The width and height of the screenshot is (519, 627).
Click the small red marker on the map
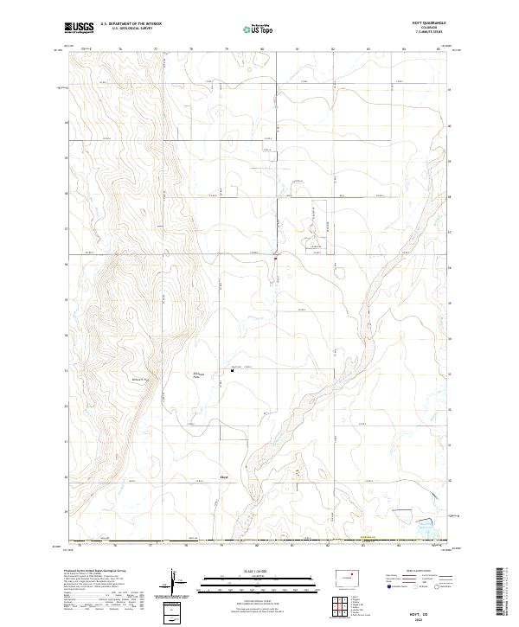click(x=275, y=258)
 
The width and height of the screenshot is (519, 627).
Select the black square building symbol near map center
click(x=231, y=369)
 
